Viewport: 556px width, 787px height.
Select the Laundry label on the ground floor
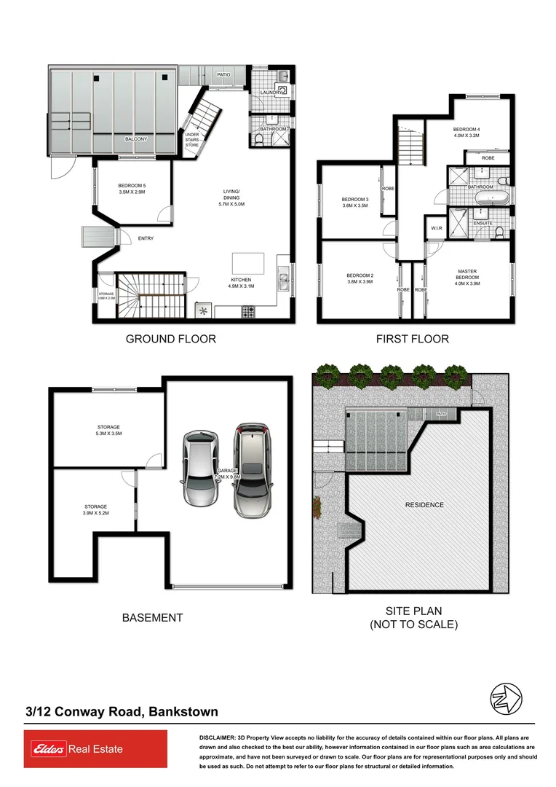[267, 93]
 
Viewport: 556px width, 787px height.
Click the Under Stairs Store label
[191, 140]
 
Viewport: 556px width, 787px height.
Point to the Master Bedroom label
[468, 274]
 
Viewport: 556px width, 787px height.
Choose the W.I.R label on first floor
[437, 228]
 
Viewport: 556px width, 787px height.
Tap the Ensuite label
[482, 223]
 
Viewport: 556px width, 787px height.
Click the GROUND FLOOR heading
[171, 339]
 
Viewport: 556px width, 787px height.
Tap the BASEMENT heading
[152, 618]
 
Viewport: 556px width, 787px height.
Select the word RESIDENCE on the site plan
[424, 505]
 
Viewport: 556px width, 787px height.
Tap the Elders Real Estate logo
[95, 749]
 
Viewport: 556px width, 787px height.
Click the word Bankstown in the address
[183, 712]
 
